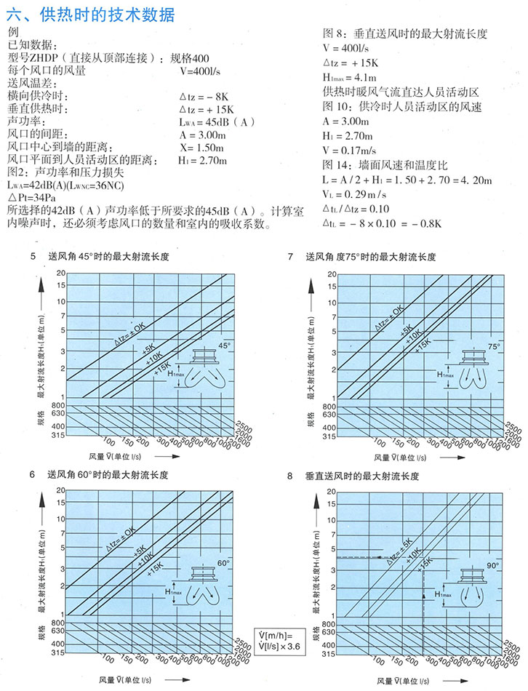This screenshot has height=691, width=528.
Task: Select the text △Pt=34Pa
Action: pyautogui.click(x=33, y=197)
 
